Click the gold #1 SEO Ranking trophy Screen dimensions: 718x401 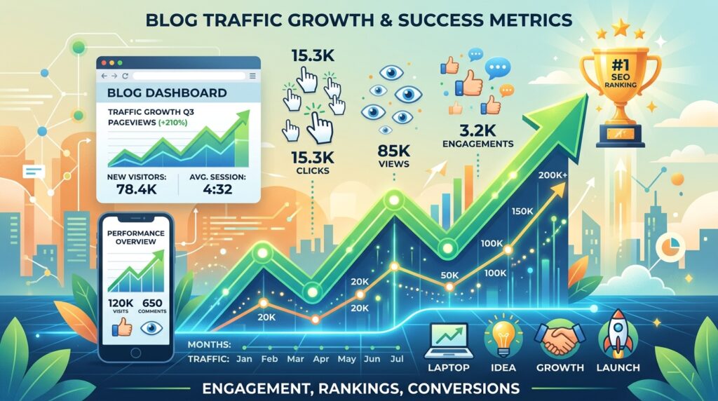(621, 92)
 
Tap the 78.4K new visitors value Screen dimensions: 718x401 (137, 189)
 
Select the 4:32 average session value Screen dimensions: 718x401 (217, 189)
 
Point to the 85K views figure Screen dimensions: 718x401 (394, 150)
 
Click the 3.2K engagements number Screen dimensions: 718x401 (477, 131)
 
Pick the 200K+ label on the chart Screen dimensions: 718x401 (553, 175)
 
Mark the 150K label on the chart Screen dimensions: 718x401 (522, 212)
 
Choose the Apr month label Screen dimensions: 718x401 (321, 360)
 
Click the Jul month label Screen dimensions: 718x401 (397, 358)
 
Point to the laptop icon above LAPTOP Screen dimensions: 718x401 (449, 341)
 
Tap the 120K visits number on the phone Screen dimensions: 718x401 (121, 303)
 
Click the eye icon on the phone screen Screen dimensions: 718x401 (151, 328)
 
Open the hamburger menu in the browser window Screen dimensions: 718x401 (252, 76)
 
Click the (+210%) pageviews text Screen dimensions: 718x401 (172, 123)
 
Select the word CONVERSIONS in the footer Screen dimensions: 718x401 (463, 388)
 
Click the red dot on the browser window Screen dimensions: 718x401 (104, 62)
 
